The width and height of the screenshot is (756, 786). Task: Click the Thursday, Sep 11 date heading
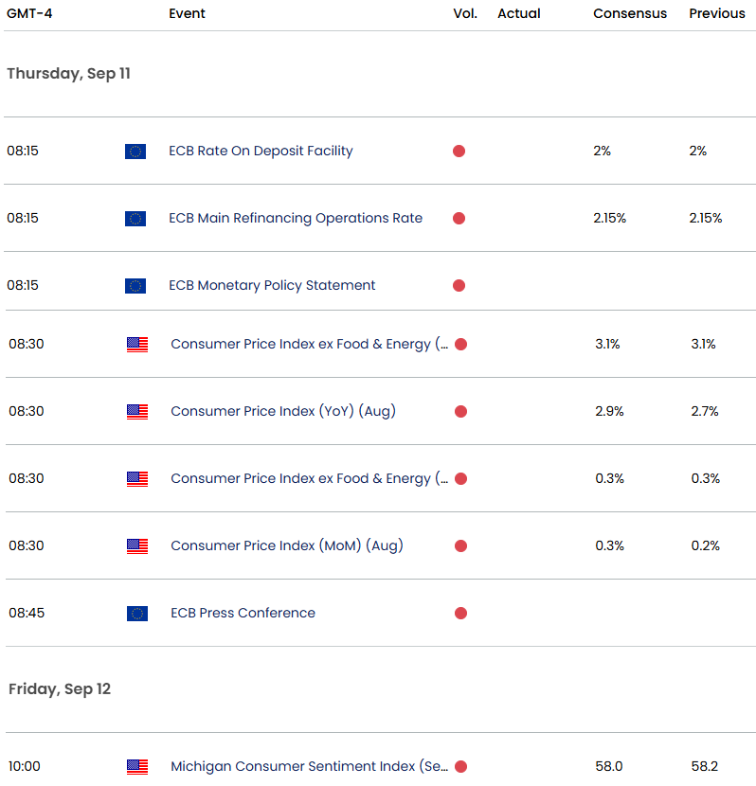coord(68,74)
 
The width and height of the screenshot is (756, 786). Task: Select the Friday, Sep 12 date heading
coord(60,689)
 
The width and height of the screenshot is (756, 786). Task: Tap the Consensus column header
coord(630,13)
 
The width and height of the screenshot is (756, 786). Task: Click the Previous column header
coord(717,13)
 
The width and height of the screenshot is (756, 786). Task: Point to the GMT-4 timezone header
coord(29,13)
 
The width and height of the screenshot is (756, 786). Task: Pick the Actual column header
coord(519,13)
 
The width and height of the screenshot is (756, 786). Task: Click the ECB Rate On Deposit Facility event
coord(261,151)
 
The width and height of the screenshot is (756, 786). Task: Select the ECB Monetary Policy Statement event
coord(272,285)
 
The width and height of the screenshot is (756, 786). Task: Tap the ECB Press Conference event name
coord(243,613)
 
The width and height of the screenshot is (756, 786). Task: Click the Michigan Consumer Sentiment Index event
coord(310,766)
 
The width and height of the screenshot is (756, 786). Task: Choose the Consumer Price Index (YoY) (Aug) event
coord(283,411)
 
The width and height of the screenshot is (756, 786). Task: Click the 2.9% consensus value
coord(609,411)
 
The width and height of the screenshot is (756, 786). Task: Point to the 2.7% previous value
coord(705,411)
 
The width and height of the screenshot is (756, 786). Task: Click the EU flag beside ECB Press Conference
coord(137,614)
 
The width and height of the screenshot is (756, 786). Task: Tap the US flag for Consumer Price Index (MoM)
coord(137,546)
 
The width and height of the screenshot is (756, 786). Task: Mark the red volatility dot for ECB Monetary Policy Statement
coord(459,285)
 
